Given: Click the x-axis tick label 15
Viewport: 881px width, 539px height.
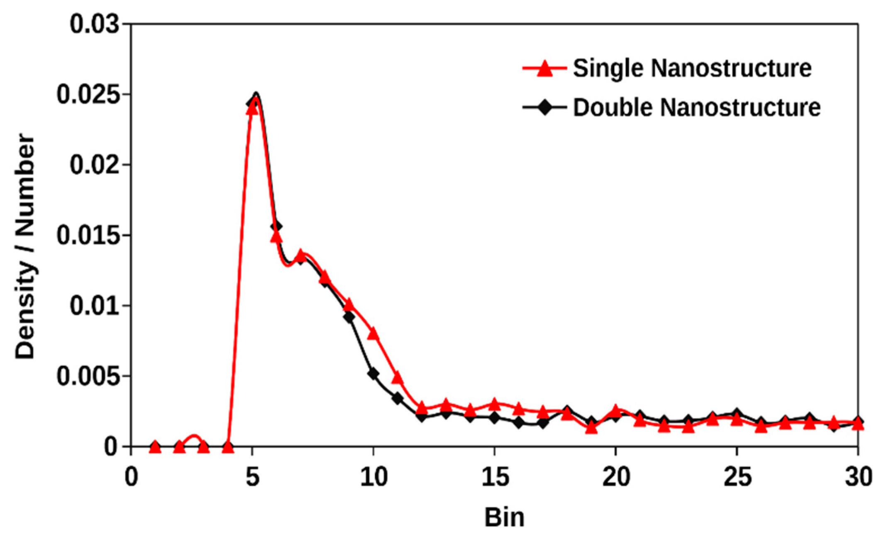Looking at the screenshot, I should [495, 477].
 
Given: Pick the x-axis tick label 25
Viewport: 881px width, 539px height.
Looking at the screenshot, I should [737, 477].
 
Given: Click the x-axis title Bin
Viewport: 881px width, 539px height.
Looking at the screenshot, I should [504, 517].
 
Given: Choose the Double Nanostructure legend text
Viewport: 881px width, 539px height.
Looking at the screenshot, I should [697, 107].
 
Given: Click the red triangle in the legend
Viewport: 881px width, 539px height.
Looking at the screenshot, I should [544, 68].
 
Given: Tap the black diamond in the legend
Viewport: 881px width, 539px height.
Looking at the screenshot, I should [544, 108].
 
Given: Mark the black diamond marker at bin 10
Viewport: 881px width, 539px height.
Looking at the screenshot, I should [373, 374].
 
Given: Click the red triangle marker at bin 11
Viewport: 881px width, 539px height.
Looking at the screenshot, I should [397, 377].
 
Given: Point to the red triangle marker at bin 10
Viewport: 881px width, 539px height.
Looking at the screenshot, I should [373, 333].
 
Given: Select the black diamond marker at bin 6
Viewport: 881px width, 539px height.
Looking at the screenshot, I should [276, 226].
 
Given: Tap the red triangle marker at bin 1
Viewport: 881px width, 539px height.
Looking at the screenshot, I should [155, 447].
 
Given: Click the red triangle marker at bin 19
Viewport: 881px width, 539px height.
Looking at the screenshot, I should [591, 428].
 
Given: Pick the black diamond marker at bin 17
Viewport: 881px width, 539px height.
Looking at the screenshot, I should [543, 423].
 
